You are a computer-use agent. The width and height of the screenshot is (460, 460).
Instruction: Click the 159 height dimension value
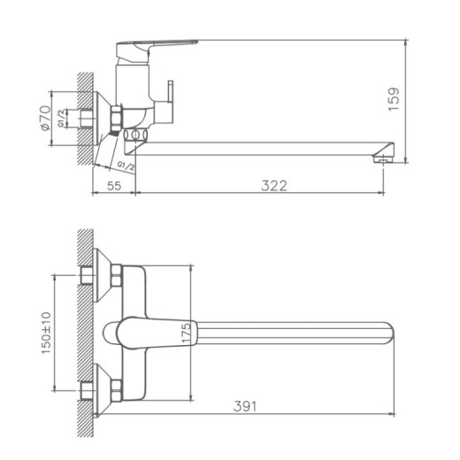pyautogui.click(x=395, y=97)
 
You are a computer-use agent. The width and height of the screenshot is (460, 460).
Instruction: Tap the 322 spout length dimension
pyautogui.click(x=273, y=186)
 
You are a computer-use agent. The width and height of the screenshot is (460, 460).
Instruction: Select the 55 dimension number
pyautogui.click(x=114, y=186)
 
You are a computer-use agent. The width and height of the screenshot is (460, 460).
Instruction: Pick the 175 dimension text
pyautogui.click(x=185, y=333)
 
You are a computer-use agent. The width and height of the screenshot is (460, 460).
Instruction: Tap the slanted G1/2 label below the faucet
pyautogui.click(x=126, y=165)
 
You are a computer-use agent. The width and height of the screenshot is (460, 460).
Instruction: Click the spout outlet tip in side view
pyautogui.click(x=383, y=157)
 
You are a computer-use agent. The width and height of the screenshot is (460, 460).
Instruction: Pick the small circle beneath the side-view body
pyautogui.click(x=135, y=135)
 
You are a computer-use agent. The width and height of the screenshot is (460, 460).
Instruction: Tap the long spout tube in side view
pyautogui.click(x=265, y=146)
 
